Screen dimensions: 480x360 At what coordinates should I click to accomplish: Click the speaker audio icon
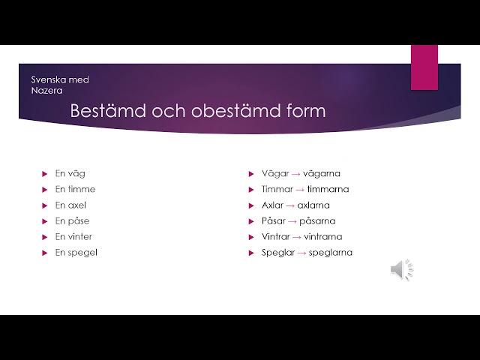click(402, 270)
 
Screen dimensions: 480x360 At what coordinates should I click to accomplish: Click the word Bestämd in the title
click(108, 110)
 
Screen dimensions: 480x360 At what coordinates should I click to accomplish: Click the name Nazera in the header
click(46, 91)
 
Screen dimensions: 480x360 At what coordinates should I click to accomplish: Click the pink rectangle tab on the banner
click(424, 67)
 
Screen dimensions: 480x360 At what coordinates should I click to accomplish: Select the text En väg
click(70, 174)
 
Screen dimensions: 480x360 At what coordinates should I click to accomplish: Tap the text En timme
click(75, 189)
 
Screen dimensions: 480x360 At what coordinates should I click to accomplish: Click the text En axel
click(70, 205)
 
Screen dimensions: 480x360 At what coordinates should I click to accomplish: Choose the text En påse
click(72, 220)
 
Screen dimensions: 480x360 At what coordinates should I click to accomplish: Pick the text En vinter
click(73, 237)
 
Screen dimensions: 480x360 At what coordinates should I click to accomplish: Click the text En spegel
click(76, 253)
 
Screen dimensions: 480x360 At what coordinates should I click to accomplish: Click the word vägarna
click(322, 174)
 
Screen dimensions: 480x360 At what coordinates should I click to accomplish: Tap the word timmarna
click(328, 189)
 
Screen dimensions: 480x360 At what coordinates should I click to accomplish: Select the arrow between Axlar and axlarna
click(290, 205)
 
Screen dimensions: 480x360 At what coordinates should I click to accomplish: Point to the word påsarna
click(317, 220)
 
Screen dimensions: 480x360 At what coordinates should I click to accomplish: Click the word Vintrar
click(275, 237)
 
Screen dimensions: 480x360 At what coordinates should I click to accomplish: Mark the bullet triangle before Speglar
click(251, 253)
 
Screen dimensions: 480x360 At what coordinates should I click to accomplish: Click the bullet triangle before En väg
click(45, 174)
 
